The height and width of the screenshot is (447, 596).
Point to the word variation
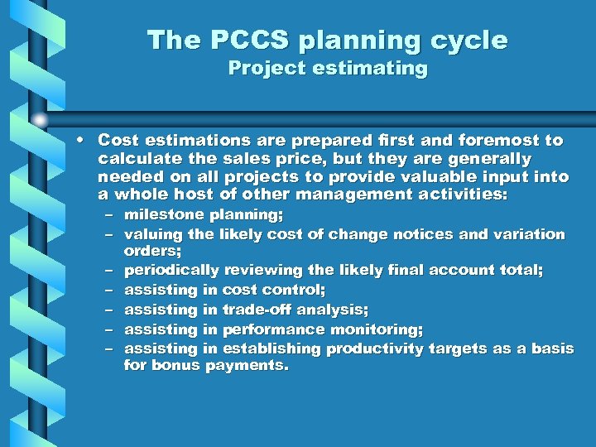(x=529, y=234)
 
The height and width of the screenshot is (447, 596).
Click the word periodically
(x=171, y=271)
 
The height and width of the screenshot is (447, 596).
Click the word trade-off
(x=255, y=310)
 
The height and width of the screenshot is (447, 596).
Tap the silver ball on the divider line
(x=39, y=118)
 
